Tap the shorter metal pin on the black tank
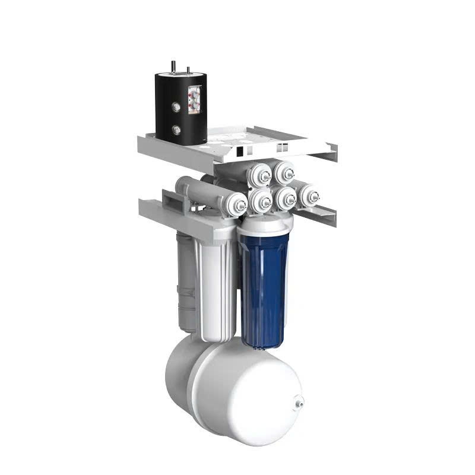click(189, 71)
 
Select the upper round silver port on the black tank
click(176, 107)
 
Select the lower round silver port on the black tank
click(176, 129)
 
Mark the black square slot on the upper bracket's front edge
click(239, 153)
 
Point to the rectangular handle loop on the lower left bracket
click(169, 199)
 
